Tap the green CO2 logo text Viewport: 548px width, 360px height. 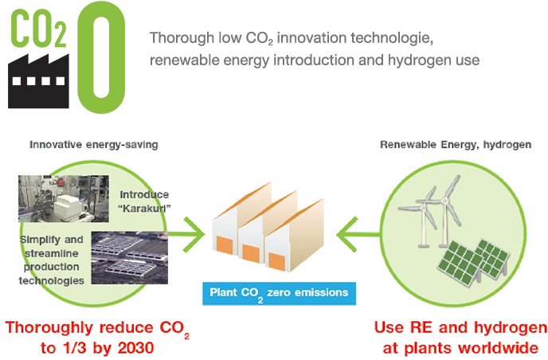(x=37, y=31)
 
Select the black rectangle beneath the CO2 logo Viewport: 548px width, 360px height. (x=37, y=83)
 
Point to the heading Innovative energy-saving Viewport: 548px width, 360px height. (x=93, y=146)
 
